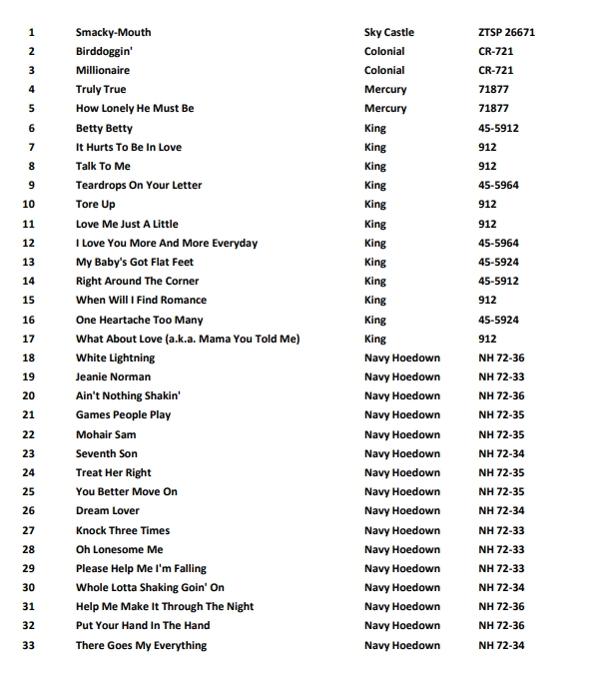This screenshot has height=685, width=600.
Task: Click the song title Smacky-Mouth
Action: pyautogui.click(x=113, y=33)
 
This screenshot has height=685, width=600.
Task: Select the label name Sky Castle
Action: pyautogui.click(x=388, y=33)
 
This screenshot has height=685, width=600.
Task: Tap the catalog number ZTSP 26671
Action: pyautogui.click(x=506, y=33)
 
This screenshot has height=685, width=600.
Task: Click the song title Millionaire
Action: pyautogui.click(x=103, y=71)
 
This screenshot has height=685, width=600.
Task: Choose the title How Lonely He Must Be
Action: pyautogui.click(x=135, y=109)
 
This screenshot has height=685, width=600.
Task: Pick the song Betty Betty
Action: pyautogui.click(x=104, y=128)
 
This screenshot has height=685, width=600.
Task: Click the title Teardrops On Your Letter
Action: pyautogui.click(x=139, y=186)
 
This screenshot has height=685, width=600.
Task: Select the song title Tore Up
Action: pyautogui.click(x=96, y=205)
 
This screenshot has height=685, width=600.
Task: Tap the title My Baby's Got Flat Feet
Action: pyautogui.click(x=135, y=262)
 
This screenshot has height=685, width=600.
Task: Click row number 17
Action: pyautogui.click(x=28, y=339)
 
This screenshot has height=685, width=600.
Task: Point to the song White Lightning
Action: pyautogui.click(x=115, y=357)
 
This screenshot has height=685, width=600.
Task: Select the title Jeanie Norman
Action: pyautogui.click(x=113, y=376)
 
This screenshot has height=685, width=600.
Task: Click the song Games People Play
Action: pyautogui.click(x=123, y=415)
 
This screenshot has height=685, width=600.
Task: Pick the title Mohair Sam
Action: pyautogui.click(x=106, y=434)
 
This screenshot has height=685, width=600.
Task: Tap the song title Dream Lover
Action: pyautogui.click(x=108, y=511)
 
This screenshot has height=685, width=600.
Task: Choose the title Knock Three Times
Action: pyautogui.click(x=123, y=530)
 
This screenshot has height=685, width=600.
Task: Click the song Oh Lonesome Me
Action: pyautogui.click(x=119, y=549)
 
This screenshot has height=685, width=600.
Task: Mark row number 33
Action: pyautogui.click(x=28, y=645)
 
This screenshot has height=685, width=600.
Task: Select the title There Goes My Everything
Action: pyautogui.click(x=141, y=645)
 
